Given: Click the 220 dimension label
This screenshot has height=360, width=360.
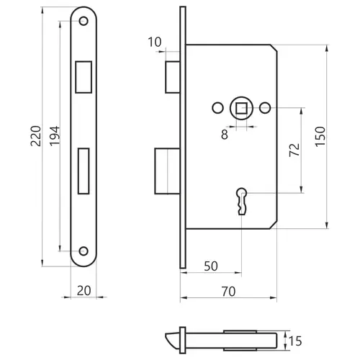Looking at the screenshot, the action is [36, 136].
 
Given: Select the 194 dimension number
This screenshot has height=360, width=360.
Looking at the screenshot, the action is [55, 136].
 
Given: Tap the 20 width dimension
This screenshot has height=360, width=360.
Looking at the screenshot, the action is [84, 291].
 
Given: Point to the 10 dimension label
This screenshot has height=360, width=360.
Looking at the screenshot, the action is [155, 42].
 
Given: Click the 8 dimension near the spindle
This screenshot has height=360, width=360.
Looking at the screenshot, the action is [225, 135].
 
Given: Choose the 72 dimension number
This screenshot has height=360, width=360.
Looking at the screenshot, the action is [294, 150].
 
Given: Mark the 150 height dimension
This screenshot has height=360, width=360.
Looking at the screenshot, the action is [320, 136].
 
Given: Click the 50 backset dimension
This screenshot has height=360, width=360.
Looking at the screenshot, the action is [211, 266].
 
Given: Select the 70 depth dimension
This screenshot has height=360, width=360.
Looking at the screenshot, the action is [228, 292].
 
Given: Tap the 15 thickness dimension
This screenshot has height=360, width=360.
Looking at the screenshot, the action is [295, 341].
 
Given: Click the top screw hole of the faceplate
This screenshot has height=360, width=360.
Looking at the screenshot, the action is [84, 21].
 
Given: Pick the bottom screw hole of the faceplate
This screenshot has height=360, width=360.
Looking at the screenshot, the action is [84, 251].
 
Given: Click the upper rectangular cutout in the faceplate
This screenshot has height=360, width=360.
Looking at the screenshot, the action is [84, 77].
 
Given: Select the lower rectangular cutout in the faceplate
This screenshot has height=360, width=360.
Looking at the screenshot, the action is [84, 171].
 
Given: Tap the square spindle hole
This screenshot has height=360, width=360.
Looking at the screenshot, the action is [241, 108].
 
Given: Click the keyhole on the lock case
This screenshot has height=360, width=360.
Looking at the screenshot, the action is [242, 201].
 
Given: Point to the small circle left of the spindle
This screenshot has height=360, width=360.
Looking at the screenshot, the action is [218, 108].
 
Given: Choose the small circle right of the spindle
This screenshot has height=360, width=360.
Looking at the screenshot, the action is [265, 108].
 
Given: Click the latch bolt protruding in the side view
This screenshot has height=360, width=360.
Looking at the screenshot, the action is [173, 77].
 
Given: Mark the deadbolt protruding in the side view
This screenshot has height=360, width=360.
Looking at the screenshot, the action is [168, 171].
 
